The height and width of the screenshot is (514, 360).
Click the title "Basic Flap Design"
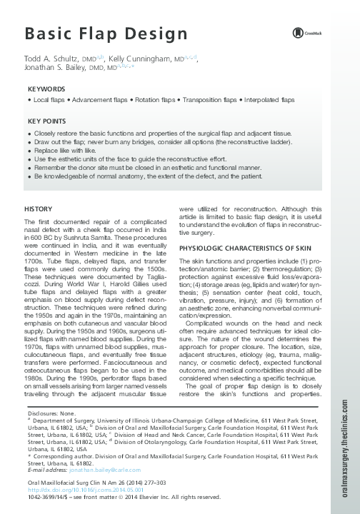[106, 34]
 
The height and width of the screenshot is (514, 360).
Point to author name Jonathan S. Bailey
[65, 70]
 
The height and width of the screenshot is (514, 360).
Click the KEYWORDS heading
[46, 89]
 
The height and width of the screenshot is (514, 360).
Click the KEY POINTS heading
[47, 122]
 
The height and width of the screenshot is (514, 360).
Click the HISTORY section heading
[38, 208]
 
